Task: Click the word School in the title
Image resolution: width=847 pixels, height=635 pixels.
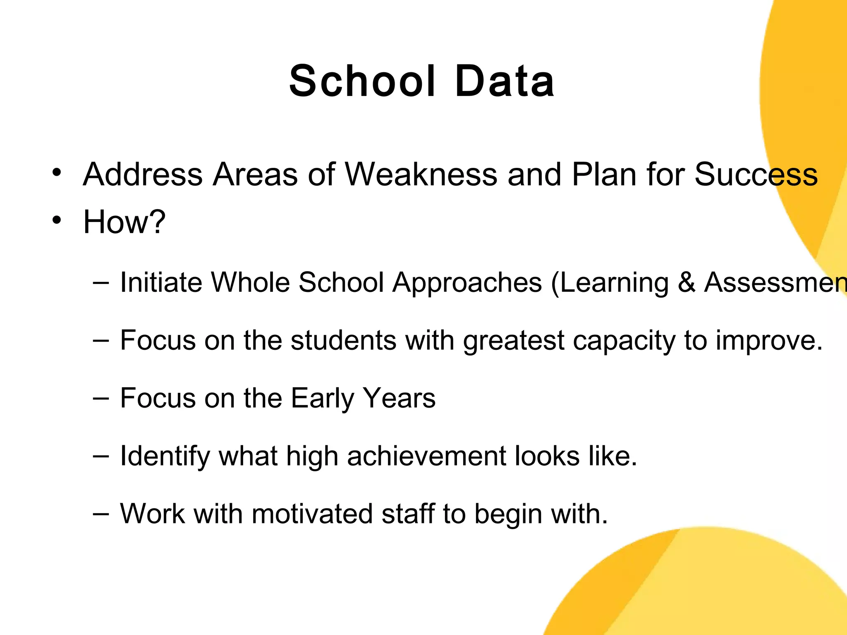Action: click(x=362, y=81)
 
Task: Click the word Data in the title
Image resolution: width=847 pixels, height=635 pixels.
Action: click(x=505, y=81)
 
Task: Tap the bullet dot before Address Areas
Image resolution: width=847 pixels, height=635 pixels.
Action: click(x=57, y=172)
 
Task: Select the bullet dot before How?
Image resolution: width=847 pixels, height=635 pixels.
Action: click(x=57, y=220)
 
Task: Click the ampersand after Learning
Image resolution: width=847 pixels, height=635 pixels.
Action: click(x=686, y=283)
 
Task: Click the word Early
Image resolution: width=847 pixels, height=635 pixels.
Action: click(x=322, y=399)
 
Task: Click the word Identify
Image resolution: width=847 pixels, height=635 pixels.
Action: click(x=165, y=456)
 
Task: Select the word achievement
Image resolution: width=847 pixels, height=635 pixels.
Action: click(x=426, y=456)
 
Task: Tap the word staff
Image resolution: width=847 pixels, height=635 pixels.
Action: click(x=408, y=514)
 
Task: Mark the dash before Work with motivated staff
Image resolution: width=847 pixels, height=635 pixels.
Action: click(x=101, y=513)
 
